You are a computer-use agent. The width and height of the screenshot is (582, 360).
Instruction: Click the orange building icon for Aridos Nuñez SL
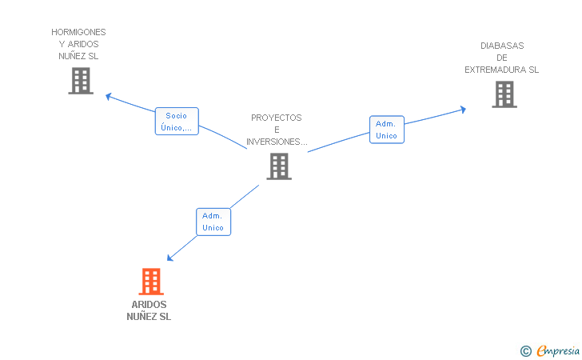(151, 282)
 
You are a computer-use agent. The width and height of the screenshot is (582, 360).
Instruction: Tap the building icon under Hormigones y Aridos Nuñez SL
(81, 81)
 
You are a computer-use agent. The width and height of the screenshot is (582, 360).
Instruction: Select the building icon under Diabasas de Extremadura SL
(504, 94)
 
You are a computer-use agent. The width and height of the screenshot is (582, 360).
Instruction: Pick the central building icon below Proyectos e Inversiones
(279, 166)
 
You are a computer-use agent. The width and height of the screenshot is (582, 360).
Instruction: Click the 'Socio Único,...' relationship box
(177, 121)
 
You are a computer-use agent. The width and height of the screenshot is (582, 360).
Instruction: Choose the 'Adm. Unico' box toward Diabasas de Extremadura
(387, 130)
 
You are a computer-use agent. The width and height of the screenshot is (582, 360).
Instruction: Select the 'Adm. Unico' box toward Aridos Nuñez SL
(213, 222)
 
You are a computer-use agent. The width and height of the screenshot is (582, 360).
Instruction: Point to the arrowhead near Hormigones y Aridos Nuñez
(109, 97)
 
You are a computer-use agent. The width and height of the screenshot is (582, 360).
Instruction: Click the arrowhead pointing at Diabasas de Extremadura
(463, 110)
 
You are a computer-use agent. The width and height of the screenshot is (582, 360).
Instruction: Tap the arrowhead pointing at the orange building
(169, 258)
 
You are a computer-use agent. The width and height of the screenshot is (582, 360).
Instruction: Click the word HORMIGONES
(78, 32)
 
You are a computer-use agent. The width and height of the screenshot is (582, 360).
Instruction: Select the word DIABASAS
(502, 46)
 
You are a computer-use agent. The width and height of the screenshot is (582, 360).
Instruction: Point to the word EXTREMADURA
(496, 70)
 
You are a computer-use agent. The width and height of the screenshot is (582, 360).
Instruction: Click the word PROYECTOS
(277, 118)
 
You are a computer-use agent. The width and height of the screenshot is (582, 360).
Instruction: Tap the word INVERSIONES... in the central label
(277, 142)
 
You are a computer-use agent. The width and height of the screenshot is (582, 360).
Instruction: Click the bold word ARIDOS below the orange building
(149, 305)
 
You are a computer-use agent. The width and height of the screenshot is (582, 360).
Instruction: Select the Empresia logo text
(558, 350)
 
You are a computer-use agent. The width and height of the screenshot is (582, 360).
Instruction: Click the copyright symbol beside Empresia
(525, 351)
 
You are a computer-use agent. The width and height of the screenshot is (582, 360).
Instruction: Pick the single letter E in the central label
(277, 130)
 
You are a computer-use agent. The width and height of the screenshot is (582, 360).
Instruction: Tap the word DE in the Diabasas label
(502, 58)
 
